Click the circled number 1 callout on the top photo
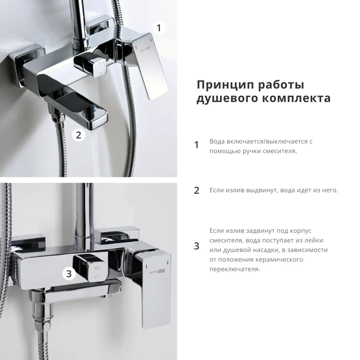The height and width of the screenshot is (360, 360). [x=158, y=28]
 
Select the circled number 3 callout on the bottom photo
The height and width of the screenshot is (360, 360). [x=68, y=273]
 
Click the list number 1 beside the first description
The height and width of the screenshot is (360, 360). [x=196, y=145]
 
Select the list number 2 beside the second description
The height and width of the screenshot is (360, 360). [x=196, y=190]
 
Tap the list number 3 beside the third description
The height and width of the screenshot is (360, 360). [x=196, y=246]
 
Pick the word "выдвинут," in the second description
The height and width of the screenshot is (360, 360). [x=259, y=190]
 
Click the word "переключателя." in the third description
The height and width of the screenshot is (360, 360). [x=234, y=269]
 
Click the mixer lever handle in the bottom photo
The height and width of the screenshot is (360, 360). [x=155, y=288]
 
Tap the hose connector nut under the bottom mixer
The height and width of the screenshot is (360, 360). [x=43, y=315]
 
